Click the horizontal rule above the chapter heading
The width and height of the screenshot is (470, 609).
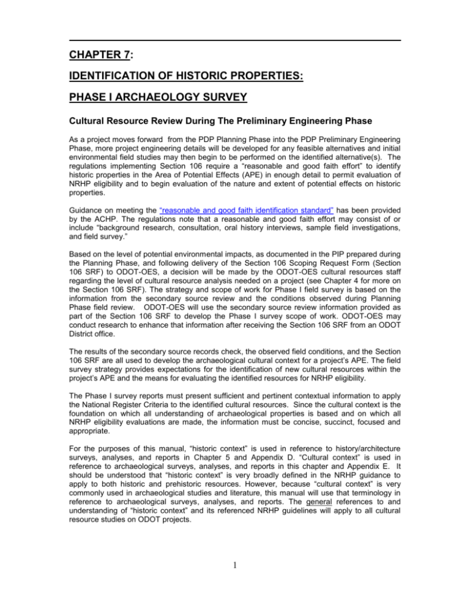coord(235,40)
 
